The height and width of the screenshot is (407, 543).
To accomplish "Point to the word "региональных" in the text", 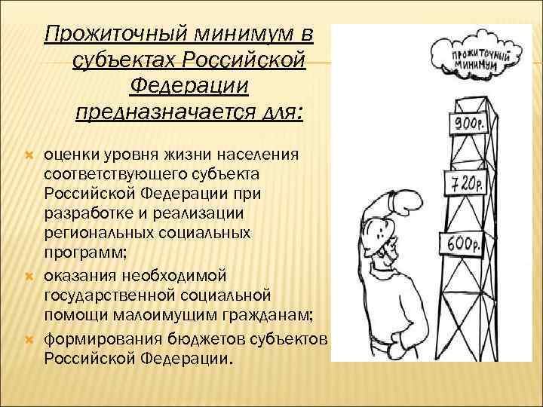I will click(99, 233).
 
